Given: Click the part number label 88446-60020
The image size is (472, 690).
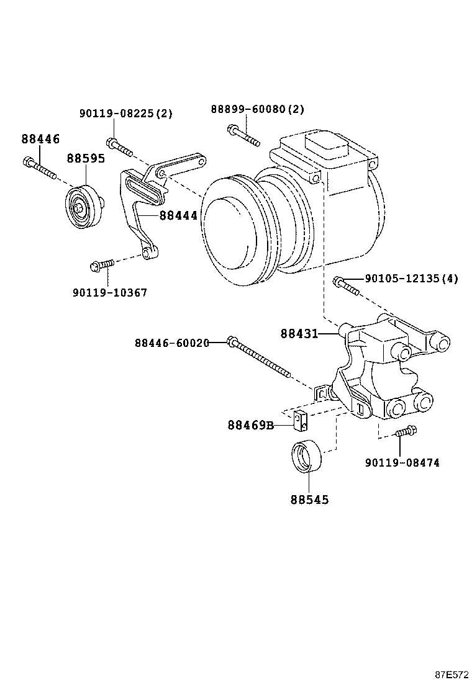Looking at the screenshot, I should pos(171,343).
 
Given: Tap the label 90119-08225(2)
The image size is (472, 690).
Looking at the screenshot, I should pos(125,114).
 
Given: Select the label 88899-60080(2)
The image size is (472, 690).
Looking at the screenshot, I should pos(257,109).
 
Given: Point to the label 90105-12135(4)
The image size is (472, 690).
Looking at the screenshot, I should pos(411,279).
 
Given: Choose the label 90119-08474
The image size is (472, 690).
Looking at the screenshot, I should pos(402,462).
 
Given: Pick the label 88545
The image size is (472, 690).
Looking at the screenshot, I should pos(309,500).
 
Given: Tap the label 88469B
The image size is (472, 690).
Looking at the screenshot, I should pos(250,425).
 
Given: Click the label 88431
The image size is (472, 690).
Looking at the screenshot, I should pos(299,334).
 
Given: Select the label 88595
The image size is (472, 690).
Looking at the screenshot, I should pos(86,158).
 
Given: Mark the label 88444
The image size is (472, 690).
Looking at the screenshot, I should pos(178,215).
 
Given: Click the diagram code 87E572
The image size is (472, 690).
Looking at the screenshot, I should pos(451,674).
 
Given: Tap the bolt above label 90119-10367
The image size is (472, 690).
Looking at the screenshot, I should pos(101,265).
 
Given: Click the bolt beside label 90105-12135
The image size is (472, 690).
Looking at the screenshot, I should pos(345,285).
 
